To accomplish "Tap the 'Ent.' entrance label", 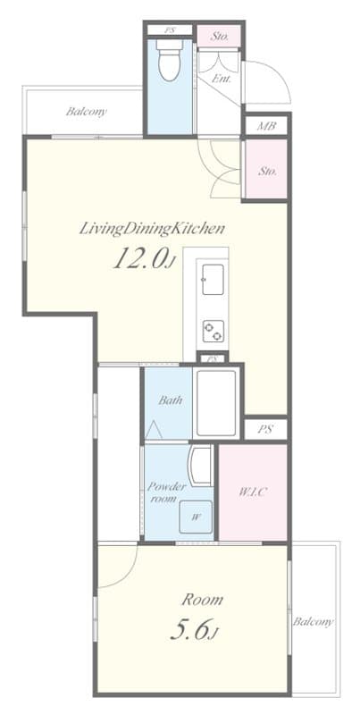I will coord(220,79).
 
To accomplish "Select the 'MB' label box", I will coord(265,126).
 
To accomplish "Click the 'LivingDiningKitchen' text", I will coord(152,228).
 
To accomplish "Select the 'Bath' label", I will coord(171,400).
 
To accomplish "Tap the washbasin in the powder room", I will coord(200,467).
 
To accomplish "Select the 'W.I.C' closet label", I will coord(251,491).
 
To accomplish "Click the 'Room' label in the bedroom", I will coord(203,599).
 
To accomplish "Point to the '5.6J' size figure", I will coord(194,632).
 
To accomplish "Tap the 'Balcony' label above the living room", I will coord(86,112).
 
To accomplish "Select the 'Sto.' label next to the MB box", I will coord(267,171).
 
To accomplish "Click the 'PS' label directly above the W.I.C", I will coord(264,429).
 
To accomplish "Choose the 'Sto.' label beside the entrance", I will coord(221,37).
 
